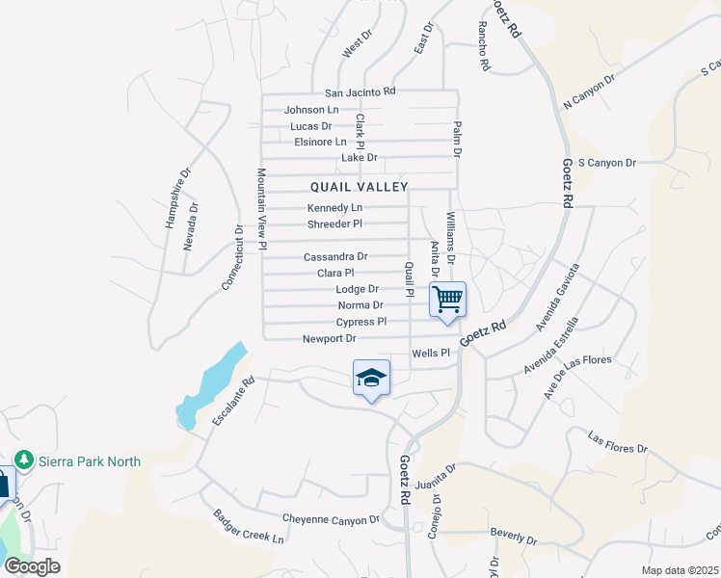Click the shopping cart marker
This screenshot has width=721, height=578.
pyautogui.click(x=447, y=299)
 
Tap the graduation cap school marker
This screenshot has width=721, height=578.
pyautogui.click(x=371, y=379)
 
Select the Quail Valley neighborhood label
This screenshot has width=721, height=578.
pyautogui.click(x=360, y=186)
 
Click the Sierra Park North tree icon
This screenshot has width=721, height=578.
pyautogui.click(x=29, y=460)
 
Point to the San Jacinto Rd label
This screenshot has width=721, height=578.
pyautogui.click(x=360, y=92)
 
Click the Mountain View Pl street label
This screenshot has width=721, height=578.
pyautogui.click(x=260, y=209)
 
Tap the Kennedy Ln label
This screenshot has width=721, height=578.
pyautogui.click(x=334, y=208)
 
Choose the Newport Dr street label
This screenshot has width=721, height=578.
pyautogui.click(x=330, y=338)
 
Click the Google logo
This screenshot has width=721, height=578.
pyautogui.click(x=32, y=566)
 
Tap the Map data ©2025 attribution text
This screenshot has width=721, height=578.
pyautogui.click(x=680, y=570)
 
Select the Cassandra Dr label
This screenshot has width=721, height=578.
pyautogui.click(x=335, y=257)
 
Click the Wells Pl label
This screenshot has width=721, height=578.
pyautogui.click(x=431, y=354)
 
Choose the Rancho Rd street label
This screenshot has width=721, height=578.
pyautogui.click(x=484, y=47)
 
